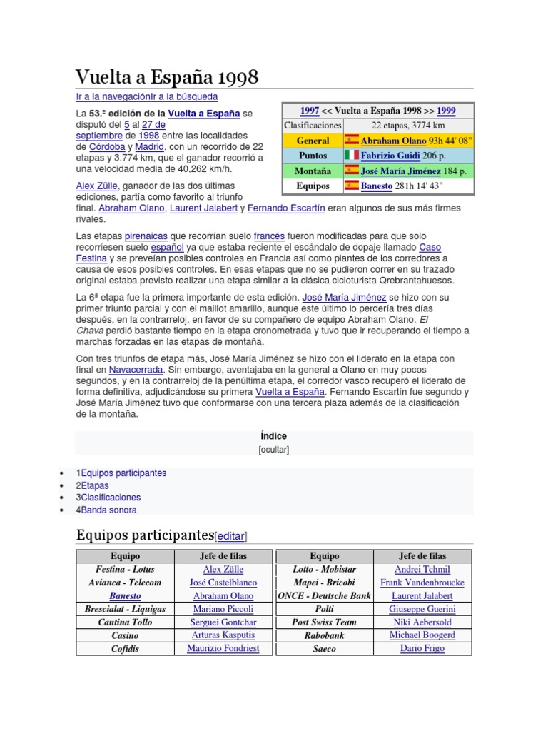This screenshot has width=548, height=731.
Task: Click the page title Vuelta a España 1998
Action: (167, 77)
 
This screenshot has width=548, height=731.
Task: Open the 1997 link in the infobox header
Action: (309, 111)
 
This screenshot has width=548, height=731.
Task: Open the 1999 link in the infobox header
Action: (446, 111)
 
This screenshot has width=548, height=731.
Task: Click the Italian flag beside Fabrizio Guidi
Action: (351, 155)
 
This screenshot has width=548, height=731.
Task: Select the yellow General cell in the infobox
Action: (313, 141)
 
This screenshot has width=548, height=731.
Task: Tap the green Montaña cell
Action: (313, 171)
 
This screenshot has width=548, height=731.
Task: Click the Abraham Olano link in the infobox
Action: (393, 141)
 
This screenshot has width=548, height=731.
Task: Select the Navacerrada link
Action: (136, 370)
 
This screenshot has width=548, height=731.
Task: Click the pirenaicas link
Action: (146, 235)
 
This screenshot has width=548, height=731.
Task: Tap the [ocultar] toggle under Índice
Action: (273, 450)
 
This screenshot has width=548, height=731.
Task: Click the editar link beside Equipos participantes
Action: (230, 535)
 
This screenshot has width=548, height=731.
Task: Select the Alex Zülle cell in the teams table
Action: (223, 569)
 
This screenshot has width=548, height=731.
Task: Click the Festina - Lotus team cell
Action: (125, 569)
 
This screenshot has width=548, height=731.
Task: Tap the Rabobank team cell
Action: (324, 635)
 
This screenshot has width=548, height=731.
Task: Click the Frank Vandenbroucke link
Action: (422, 583)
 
